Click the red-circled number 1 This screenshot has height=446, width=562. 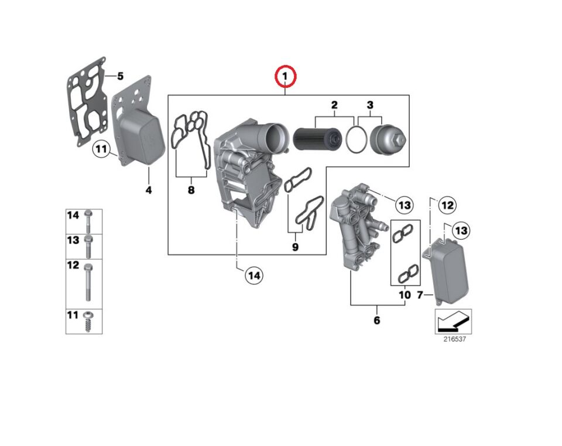pyautogui.click(x=286, y=77)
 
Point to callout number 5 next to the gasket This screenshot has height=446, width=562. pyautogui.click(x=120, y=76)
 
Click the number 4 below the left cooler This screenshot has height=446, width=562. pyautogui.click(x=148, y=190)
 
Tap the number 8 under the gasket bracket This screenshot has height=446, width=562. pyautogui.click(x=191, y=190)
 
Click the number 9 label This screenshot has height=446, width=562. pyautogui.click(x=295, y=247)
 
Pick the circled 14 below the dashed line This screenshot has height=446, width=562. pyautogui.click(x=253, y=274)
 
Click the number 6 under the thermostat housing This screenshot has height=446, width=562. pyautogui.click(x=376, y=320)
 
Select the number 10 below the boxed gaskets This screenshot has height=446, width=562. pyautogui.click(x=405, y=295)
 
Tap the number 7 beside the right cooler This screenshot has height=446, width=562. pyautogui.click(x=420, y=295)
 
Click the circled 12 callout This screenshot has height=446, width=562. pyautogui.click(x=447, y=205)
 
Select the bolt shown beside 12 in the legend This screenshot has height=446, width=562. pyautogui.click(x=88, y=280)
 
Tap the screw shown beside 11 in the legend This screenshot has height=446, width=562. pyautogui.click(x=88, y=322)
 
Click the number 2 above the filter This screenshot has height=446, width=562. pyautogui.click(x=334, y=105)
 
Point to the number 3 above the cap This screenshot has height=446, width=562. pyautogui.click(x=370, y=105)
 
